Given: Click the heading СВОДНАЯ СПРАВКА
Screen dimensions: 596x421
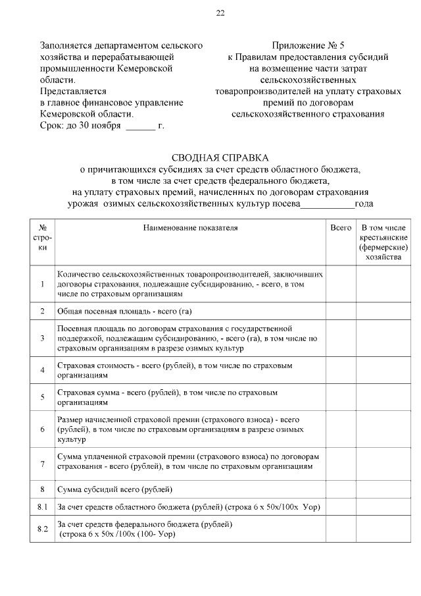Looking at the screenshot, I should (220, 158).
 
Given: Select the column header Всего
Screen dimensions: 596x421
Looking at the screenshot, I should (341, 228).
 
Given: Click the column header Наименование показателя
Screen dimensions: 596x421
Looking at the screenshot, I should (190, 228).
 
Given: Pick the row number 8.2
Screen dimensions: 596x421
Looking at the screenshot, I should (42, 529).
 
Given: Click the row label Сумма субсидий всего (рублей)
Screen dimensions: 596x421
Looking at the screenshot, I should (115, 489).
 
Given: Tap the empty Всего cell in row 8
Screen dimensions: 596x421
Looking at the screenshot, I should (341, 489).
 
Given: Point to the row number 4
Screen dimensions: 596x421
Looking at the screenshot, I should (42, 370).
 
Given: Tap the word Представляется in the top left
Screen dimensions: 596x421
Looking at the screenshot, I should (73, 92).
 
